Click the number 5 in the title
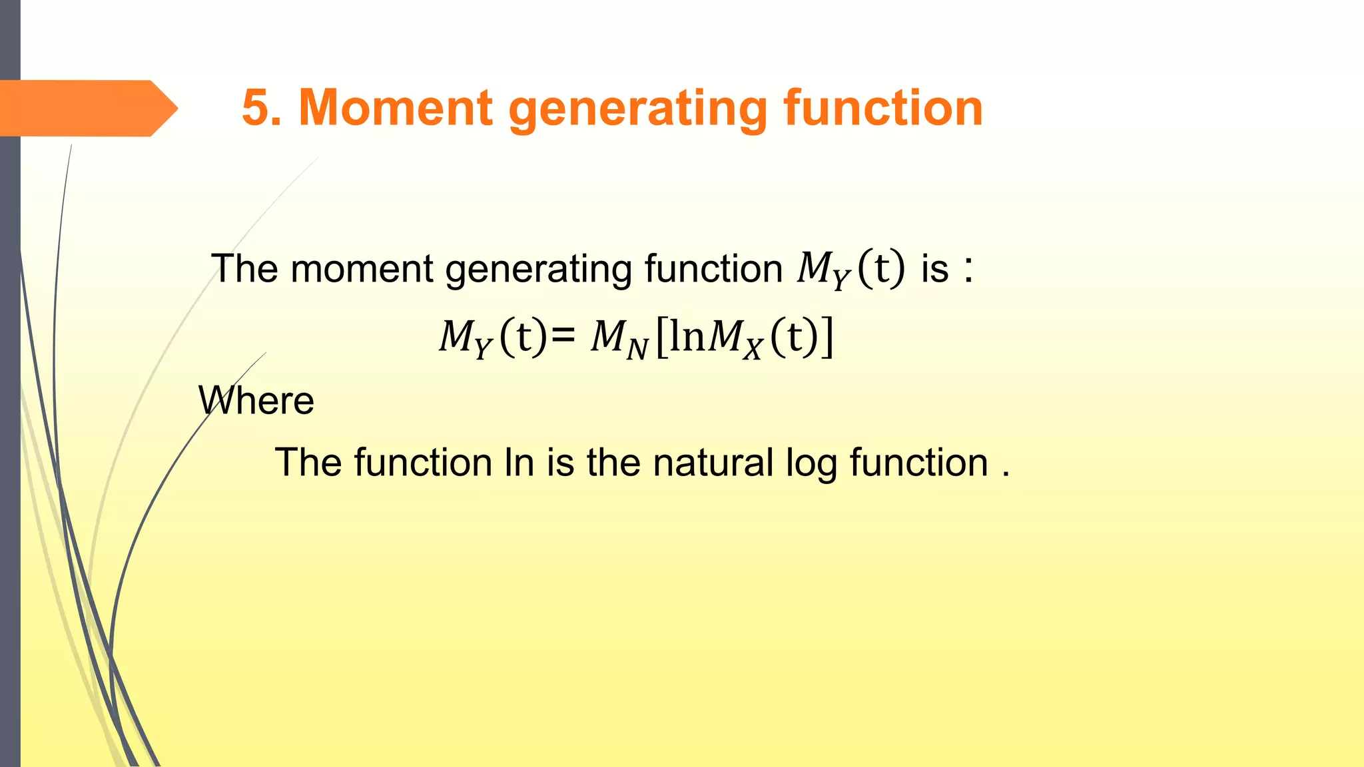pyautogui.click(x=256, y=108)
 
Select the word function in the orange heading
pyautogui.click(x=882, y=108)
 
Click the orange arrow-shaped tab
pyautogui.click(x=87, y=108)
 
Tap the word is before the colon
pyautogui.click(x=934, y=269)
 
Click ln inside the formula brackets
pyautogui.click(x=687, y=337)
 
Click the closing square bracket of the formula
pyautogui.click(x=827, y=338)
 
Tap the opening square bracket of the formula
pyautogui.click(x=661, y=338)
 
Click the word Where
pyautogui.click(x=256, y=401)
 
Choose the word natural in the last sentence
pyautogui.click(x=713, y=463)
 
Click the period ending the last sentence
pyautogui.click(x=1006, y=475)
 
